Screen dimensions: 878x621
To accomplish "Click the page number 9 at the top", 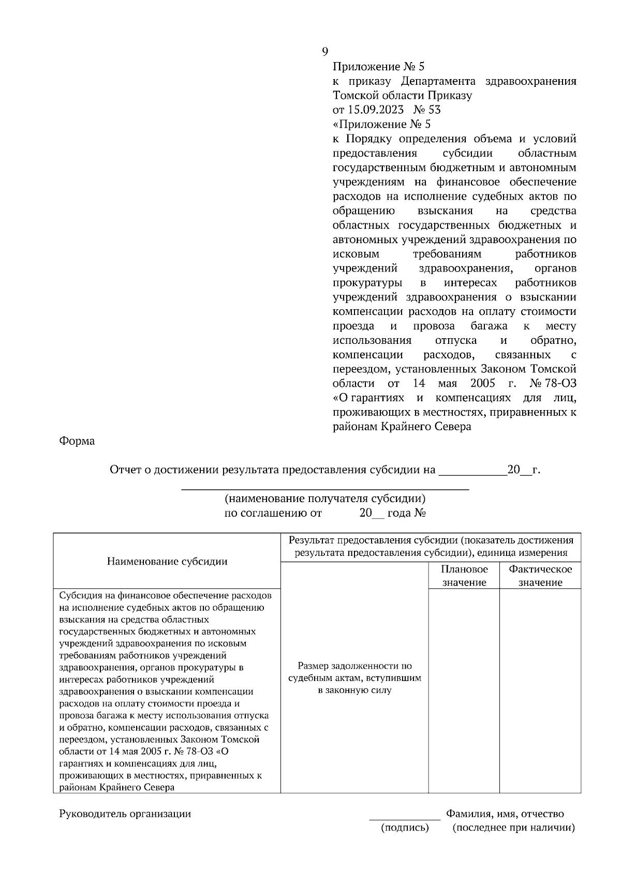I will [324, 51].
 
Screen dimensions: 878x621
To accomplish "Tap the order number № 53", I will [427, 110].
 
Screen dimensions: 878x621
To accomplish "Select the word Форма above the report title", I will [77, 441].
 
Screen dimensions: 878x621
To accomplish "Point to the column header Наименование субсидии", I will [167, 561].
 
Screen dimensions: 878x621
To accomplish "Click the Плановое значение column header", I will [464, 576].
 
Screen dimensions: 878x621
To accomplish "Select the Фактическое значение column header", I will [540, 576].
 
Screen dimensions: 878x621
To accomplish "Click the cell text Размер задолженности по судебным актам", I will [355, 678].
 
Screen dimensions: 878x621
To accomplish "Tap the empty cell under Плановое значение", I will [464, 690].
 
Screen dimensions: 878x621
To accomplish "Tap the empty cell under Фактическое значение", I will [540, 690].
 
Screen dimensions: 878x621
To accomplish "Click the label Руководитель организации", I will [125, 814].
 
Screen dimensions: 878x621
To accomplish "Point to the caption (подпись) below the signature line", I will [405, 828].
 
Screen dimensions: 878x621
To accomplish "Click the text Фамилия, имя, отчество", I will [505, 814].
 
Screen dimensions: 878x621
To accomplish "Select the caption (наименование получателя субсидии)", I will [325, 498].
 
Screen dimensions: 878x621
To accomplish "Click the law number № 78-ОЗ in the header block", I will [553, 383].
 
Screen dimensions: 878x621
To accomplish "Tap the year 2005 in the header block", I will [483, 383].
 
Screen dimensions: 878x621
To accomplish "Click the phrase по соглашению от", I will [273, 513].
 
